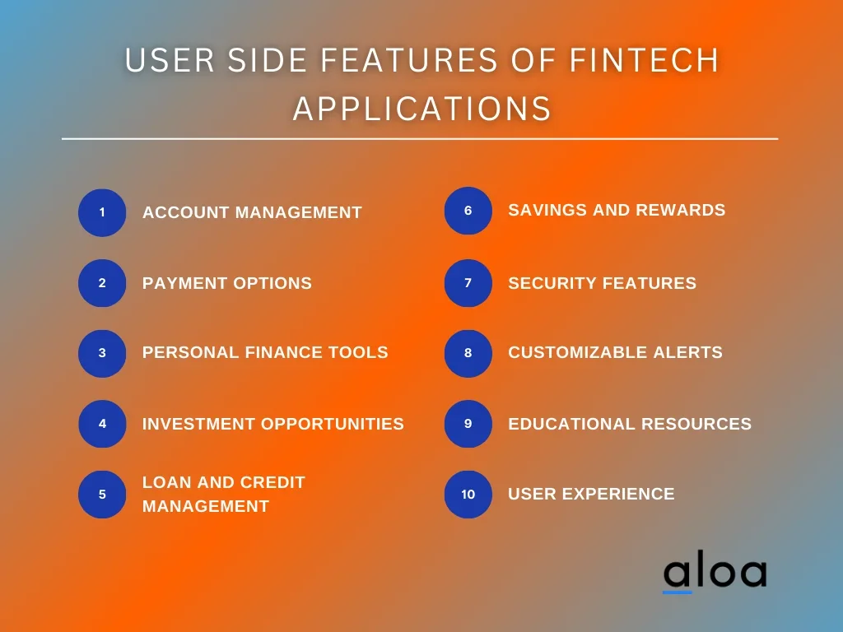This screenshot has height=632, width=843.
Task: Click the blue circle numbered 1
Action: coord(102,213)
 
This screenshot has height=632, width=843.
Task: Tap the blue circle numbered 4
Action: coord(102,424)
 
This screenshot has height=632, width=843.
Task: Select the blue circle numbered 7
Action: coord(468,283)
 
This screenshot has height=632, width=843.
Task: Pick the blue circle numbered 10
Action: coord(468,495)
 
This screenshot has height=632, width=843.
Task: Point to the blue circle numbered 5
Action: coord(102,495)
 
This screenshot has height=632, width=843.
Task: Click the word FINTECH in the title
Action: coord(644,59)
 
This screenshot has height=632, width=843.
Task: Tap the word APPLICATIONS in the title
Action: coord(422,109)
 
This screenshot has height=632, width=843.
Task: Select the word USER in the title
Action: coord(170,59)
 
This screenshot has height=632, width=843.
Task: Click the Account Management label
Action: coord(252,212)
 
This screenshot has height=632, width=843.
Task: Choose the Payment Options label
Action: coord(227,283)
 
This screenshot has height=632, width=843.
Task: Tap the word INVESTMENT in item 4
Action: coord(199,424)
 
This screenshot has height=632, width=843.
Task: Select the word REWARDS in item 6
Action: coord(681,210)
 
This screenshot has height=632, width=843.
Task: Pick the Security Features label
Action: coord(602,283)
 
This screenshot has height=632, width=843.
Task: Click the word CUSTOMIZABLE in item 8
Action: coord(578,352)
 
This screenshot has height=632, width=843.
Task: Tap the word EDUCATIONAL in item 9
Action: coord(572,424)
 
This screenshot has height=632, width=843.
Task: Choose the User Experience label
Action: coord(591,494)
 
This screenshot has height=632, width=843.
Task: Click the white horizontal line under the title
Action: coord(420,138)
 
